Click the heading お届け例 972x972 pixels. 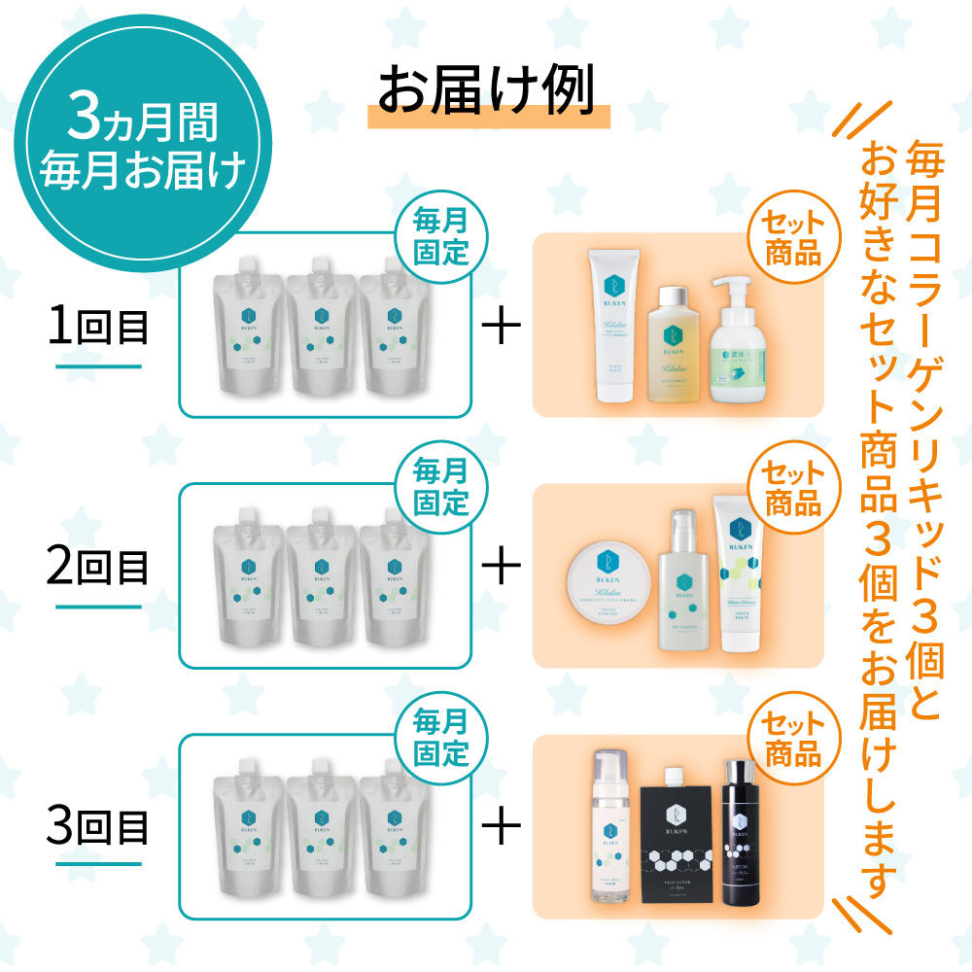tap(487, 94)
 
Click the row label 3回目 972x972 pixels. tap(98, 829)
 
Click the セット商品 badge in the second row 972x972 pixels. tap(792, 490)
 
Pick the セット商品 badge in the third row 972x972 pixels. tap(792, 741)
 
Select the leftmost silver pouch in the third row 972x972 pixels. tap(249, 831)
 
